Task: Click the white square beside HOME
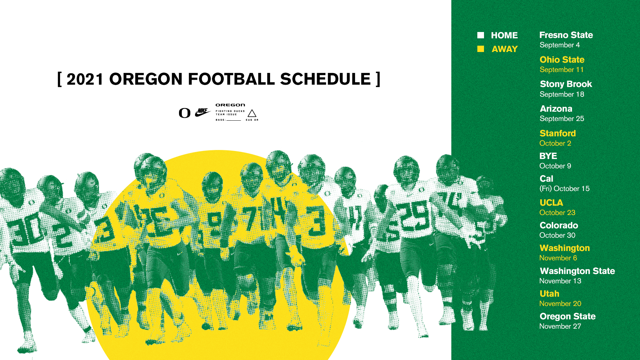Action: point(480,35)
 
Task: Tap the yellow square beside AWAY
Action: point(480,49)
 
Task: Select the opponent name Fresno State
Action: point(566,35)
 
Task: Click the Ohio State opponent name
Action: point(562,60)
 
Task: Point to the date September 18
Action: point(562,94)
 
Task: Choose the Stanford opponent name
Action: point(558,133)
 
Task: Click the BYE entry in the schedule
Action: point(548,156)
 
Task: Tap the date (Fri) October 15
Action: point(565,189)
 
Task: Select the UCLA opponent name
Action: point(551,203)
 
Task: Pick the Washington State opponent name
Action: point(577,271)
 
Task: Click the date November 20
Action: point(560,304)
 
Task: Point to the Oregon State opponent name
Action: point(568,316)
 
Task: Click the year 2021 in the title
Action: point(85,79)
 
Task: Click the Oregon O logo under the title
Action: point(185,113)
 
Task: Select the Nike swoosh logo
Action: point(203,112)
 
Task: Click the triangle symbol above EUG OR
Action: point(252,113)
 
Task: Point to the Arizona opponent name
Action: point(556,109)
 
